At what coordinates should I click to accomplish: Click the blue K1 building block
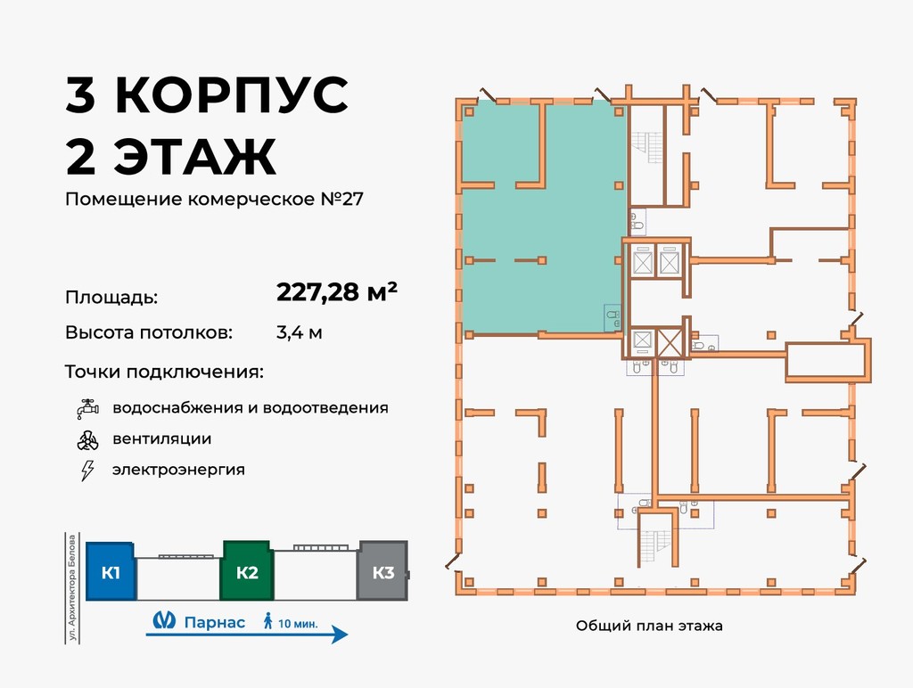tap(111, 572)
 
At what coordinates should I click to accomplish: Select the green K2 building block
tap(247, 572)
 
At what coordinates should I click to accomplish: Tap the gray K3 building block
tap(382, 572)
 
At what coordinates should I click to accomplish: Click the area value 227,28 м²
tap(337, 292)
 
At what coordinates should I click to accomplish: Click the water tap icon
tap(86, 409)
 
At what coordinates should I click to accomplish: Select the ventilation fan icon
tap(86, 439)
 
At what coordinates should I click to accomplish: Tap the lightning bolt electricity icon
tap(86, 470)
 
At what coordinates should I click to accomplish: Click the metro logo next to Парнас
tap(161, 622)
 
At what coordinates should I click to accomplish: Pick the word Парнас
tap(214, 622)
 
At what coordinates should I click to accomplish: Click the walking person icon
tap(267, 621)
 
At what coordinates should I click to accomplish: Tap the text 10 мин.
tap(299, 622)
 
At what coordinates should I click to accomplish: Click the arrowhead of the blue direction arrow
tap(340, 635)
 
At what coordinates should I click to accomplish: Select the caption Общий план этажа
tap(649, 626)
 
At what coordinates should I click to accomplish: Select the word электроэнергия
tap(178, 470)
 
